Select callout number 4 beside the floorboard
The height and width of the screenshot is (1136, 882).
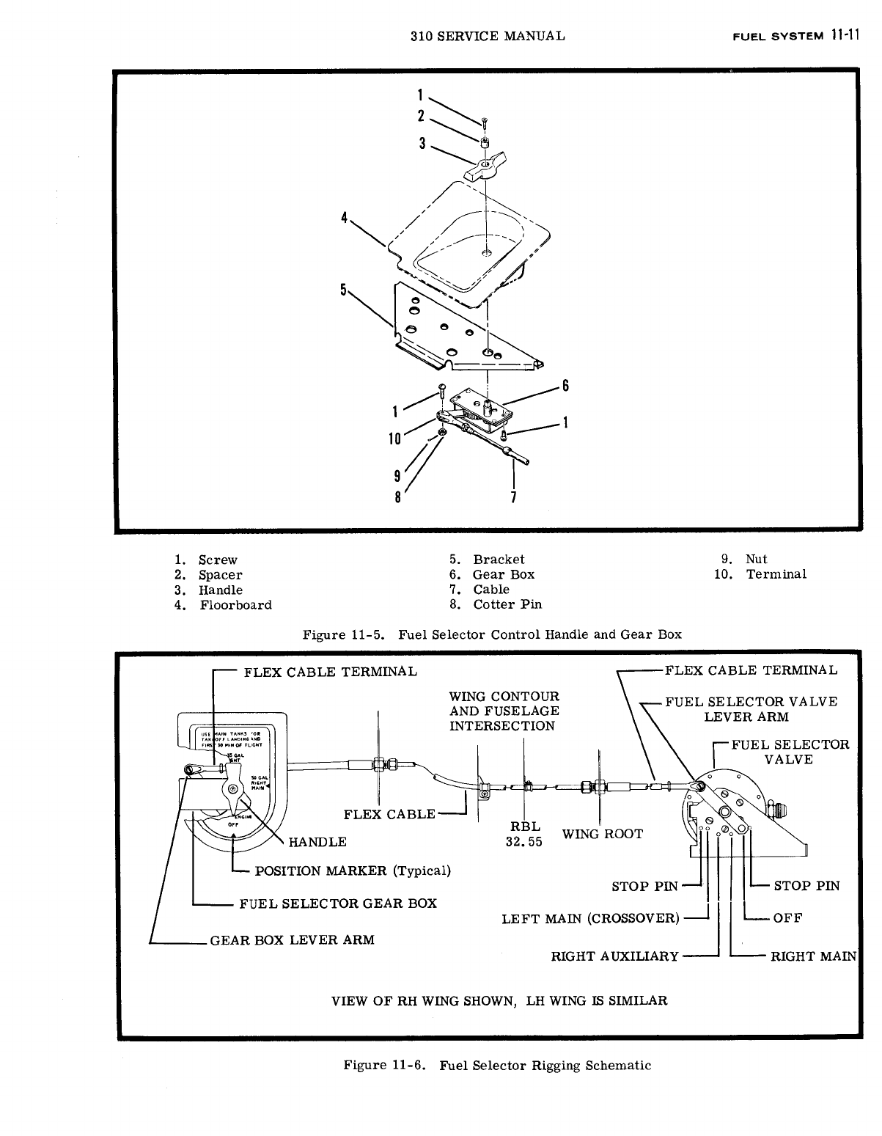tap(342, 218)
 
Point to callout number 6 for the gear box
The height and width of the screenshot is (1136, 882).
tap(565, 386)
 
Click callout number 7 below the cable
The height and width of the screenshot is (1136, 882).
tap(514, 498)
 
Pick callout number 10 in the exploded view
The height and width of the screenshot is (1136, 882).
tap(394, 439)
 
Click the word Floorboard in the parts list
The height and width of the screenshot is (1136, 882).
tap(235, 605)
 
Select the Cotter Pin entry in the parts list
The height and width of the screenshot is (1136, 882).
tap(507, 605)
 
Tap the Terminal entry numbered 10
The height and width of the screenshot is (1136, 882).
tap(776, 574)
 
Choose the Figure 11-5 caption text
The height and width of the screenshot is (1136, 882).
tap(492, 634)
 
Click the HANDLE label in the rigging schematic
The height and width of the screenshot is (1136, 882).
tap(317, 841)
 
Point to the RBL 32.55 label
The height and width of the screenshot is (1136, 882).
tap(524, 834)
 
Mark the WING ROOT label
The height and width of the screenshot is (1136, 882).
tap(602, 834)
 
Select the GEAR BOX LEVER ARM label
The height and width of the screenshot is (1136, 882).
tap(292, 939)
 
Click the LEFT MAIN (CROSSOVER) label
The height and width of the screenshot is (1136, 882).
tap(590, 918)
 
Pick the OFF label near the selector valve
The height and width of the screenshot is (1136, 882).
tap(788, 917)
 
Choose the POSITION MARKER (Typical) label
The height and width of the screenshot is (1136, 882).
tap(352, 871)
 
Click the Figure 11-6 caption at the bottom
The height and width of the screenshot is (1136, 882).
tap(497, 1065)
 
